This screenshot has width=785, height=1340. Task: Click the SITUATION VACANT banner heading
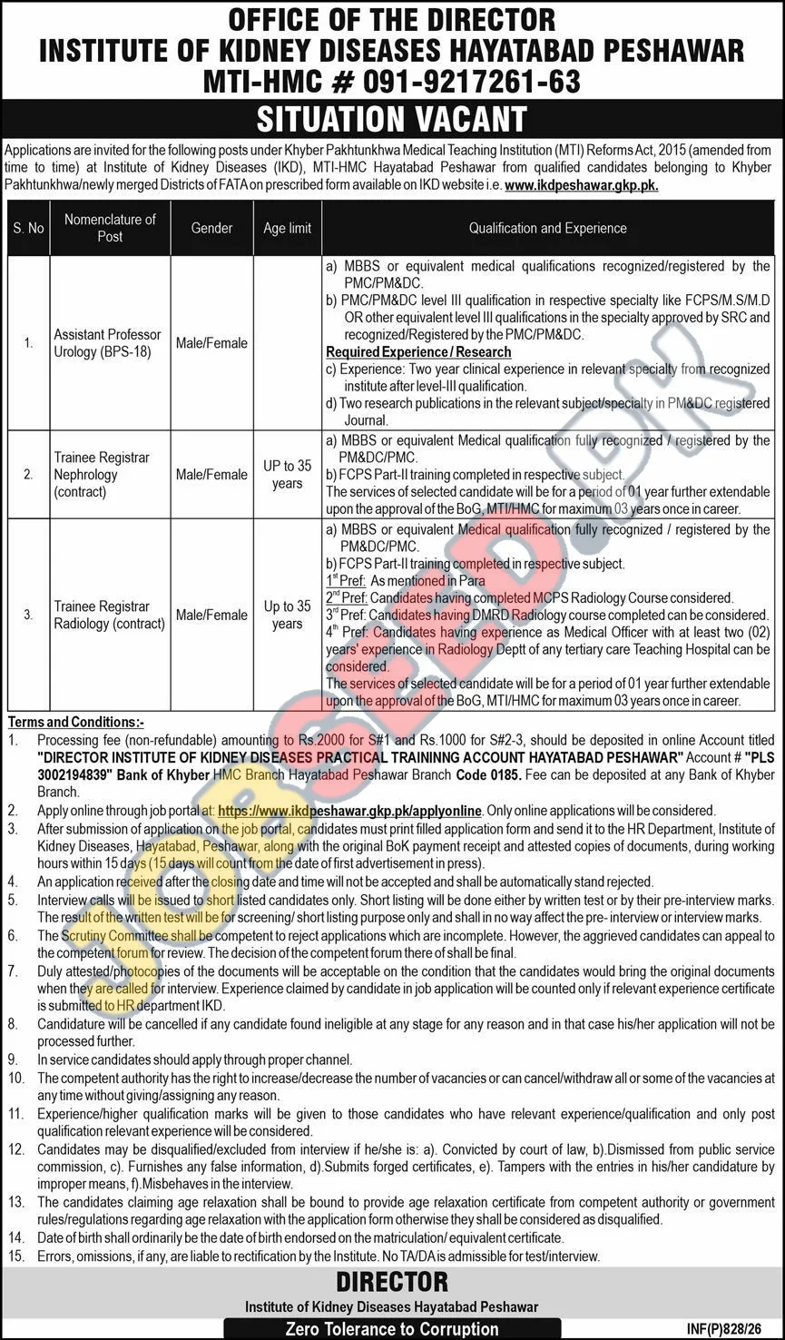click(x=392, y=119)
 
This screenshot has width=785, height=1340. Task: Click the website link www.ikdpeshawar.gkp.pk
click(x=581, y=184)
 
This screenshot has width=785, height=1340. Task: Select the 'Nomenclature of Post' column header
click(x=110, y=228)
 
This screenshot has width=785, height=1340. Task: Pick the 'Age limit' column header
click(x=287, y=229)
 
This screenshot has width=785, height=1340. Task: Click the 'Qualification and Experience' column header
click(x=547, y=229)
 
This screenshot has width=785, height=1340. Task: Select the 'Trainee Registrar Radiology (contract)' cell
click(x=109, y=615)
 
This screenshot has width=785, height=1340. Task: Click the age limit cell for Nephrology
click(x=287, y=475)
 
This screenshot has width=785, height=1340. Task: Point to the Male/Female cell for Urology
click(x=211, y=343)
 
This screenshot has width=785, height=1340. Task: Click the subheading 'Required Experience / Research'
click(x=418, y=352)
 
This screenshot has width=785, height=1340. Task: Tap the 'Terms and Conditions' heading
click(x=76, y=723)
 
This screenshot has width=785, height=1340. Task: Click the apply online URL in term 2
click(x=349, y=810)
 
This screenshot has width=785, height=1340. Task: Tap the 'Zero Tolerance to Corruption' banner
click(x=392, y=1329)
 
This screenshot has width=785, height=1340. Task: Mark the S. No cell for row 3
click(x=28, y=615)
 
